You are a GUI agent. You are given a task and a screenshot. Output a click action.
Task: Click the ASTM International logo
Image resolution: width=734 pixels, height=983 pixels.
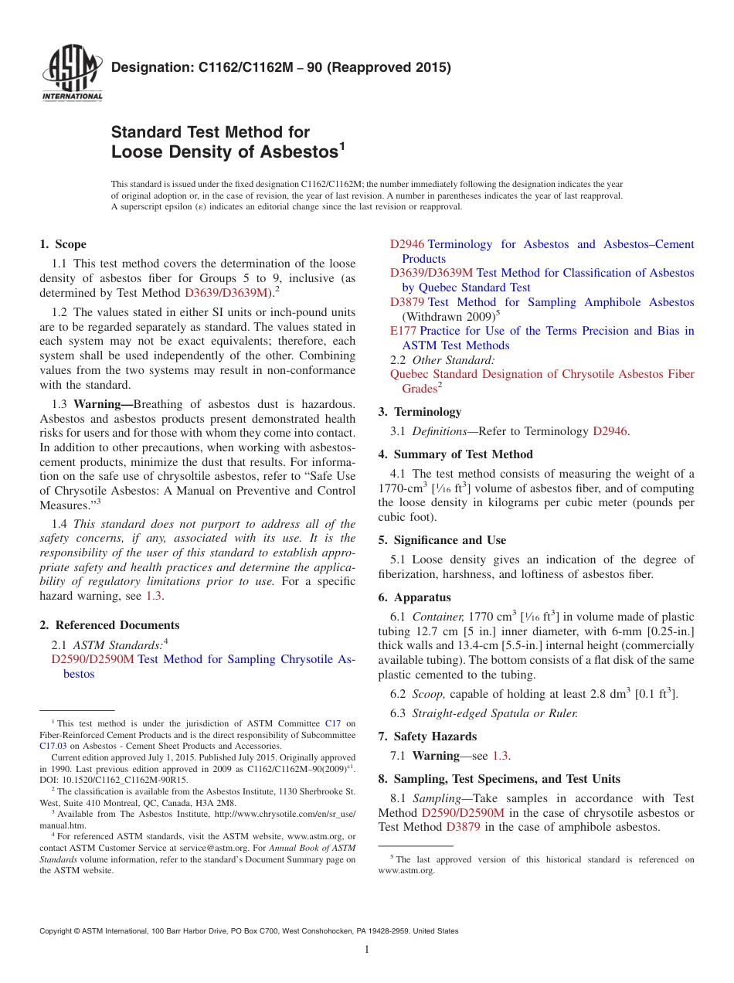click(72, 74)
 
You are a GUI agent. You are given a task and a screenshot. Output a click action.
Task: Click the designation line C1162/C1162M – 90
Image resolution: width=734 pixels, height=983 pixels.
click(281, 67)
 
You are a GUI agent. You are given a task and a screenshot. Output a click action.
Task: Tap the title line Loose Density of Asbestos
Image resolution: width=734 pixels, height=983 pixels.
click(225, 152)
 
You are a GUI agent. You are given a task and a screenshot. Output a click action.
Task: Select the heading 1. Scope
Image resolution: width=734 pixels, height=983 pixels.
click(63, 244)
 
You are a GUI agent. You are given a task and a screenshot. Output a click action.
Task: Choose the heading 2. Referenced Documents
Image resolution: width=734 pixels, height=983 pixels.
click(109, 625)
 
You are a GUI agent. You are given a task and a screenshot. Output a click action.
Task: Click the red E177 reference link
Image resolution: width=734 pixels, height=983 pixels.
click(403, 331)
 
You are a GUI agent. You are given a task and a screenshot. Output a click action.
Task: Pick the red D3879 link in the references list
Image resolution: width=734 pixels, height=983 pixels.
click(407, 302)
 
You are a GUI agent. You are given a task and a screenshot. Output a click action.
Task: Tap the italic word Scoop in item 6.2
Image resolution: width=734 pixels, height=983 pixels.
click(428, 694)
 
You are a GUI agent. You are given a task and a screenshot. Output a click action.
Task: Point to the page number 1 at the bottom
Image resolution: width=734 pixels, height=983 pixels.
click(367, 950)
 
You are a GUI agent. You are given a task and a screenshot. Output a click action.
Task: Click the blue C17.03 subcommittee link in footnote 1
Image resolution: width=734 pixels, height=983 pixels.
click(52, 746)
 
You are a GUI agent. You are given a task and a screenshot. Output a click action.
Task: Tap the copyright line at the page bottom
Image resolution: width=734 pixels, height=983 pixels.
click(248, 931)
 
